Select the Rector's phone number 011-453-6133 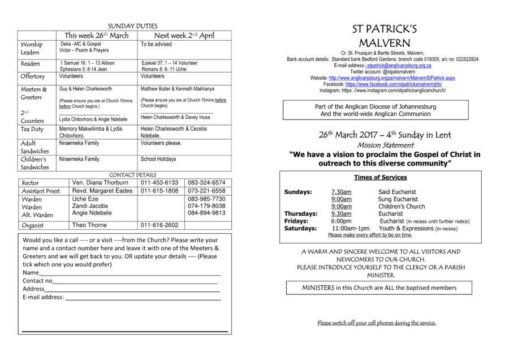(x=159, y=183)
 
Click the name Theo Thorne (x=89, y=225)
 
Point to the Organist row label (x=34, y=225)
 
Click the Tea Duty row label (x=32, y=130)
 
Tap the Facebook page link (x=394, y=84)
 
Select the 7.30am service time (x=341, y=192)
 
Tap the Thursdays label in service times (x=300, y=214)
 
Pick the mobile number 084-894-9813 (x=206, y=213)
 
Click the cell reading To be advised (x=156, y=44)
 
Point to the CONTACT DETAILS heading (x=132, y=175)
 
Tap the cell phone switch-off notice (x=377, y=323)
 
